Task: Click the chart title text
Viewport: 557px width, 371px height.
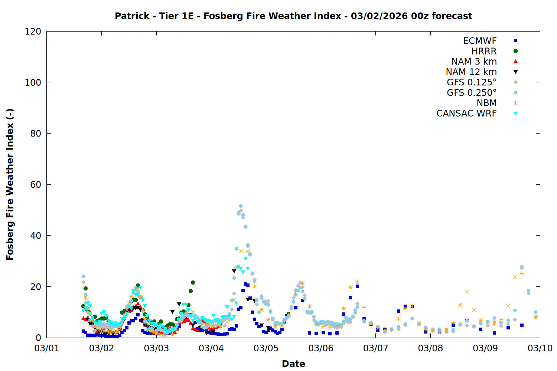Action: click(293, 16)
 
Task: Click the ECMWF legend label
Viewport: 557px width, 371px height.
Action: click(480, 41)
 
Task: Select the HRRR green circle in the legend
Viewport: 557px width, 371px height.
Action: click(515, 51)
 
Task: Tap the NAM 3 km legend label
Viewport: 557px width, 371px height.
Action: click(474, 62)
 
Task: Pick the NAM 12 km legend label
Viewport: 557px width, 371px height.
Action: click(471, 72)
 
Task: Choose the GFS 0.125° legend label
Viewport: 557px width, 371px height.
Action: click(472, 82)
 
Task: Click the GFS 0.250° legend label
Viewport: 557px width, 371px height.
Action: click(472, 93)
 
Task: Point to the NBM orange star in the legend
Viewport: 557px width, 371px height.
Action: click(515, 103)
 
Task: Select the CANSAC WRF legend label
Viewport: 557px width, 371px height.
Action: click(466, 114)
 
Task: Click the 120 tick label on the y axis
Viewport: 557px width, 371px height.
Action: click(33, 32)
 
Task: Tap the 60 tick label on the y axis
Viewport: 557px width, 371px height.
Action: click(36, 184)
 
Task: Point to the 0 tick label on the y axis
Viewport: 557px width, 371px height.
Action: click(38, 338)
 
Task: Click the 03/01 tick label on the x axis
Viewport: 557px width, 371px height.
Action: click(47, 348)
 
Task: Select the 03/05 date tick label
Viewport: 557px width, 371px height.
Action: click(266, 348)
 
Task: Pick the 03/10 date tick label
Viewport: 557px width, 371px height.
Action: click(540, 348)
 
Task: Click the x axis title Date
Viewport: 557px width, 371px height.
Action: click(293, 364)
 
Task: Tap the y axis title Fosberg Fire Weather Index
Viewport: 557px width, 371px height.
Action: click(10, 184)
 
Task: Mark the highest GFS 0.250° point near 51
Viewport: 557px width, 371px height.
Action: click(241, 206)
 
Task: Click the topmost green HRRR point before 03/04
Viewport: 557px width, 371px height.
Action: click(193, 283)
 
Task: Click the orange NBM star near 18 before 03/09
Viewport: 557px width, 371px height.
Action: click(467, 292)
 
